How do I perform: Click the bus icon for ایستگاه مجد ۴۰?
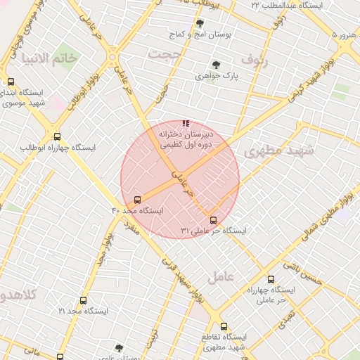point(137,200)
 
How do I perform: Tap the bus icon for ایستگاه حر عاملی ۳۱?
point(214,220)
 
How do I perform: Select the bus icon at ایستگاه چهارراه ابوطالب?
point(57,136)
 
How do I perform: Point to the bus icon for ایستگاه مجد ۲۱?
point(83,300)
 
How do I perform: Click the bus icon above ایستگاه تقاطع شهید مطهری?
point(224,326)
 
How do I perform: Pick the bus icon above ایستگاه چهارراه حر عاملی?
point(271,279)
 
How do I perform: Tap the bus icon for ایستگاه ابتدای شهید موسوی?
point(11,82)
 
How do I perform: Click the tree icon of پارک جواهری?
point(216,64)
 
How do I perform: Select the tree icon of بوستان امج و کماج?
point(201,23)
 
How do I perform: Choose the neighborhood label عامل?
point(219,276)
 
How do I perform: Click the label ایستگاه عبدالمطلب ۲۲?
point(286,6)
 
